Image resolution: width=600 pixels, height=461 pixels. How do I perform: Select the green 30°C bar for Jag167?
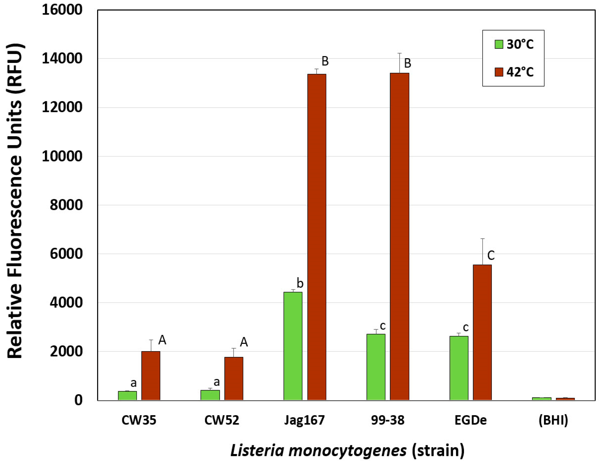(293, 346)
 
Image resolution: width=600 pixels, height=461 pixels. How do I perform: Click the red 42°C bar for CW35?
(151, 376)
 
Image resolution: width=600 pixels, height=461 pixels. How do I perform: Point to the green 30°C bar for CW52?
(210, 395)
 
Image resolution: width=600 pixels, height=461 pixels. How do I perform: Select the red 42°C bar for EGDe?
(482, 332)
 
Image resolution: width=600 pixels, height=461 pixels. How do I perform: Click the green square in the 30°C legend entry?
(499, 44)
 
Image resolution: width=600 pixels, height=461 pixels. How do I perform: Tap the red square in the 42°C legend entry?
(499, 72)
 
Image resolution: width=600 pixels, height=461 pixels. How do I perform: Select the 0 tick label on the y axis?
(78, 400)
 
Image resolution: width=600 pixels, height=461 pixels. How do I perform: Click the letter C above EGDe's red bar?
(491, 255)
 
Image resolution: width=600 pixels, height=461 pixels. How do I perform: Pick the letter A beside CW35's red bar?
(162, 340)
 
